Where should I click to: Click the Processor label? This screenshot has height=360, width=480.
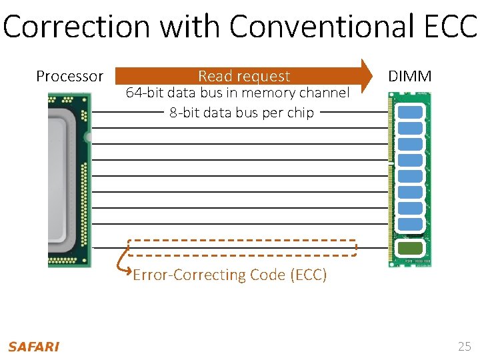pos(69,77)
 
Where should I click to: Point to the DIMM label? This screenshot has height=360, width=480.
pos(410,77)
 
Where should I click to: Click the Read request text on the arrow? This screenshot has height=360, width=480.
pos(244,77)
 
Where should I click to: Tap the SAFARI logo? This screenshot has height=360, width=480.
pos(33,347)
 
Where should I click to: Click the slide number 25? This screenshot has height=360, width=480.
pos(464,346)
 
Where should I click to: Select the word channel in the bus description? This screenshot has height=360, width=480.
pos(325,93)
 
